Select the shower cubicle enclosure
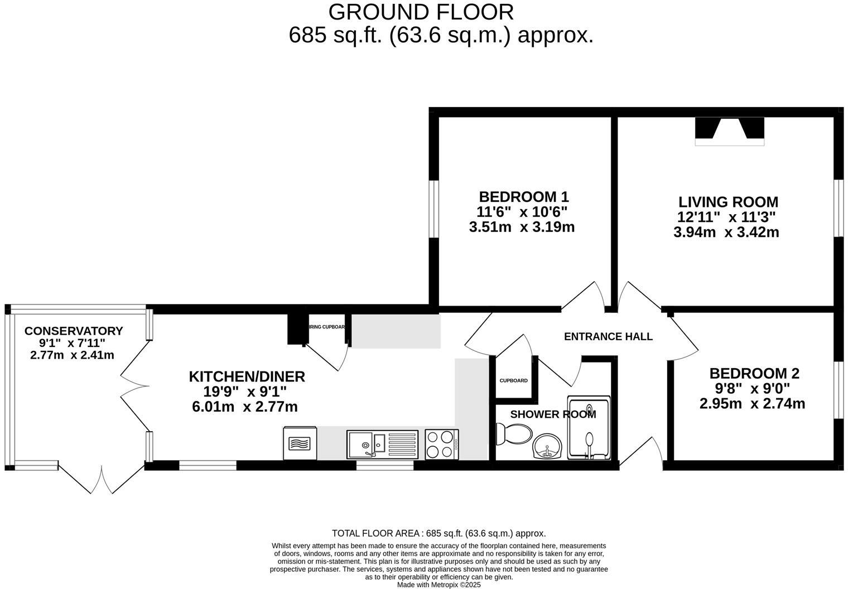[x=589, y=428]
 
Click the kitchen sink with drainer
[x=382, y=444]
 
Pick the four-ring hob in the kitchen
[x=441, y=444]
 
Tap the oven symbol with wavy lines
[x=300, y=443]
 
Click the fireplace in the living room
[x=729, y=132]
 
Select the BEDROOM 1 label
[x=523, y=197]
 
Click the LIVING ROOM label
[x=728, y=202]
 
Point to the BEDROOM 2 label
[x=754, y=373]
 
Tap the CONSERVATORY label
[x=74, y=331]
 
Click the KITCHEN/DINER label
[x=247, y=376]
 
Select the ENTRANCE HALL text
[x=608, y=336]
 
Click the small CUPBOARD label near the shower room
[x=513, y=381]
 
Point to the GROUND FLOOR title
[x=421, y=12]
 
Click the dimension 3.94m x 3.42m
[x=726, y=232]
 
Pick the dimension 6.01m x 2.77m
[x=244, y=407]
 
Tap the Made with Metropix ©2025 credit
[x=439, y=585]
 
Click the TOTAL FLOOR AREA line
[x=439, y=533]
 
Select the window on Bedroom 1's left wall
[x=433, y=209]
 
